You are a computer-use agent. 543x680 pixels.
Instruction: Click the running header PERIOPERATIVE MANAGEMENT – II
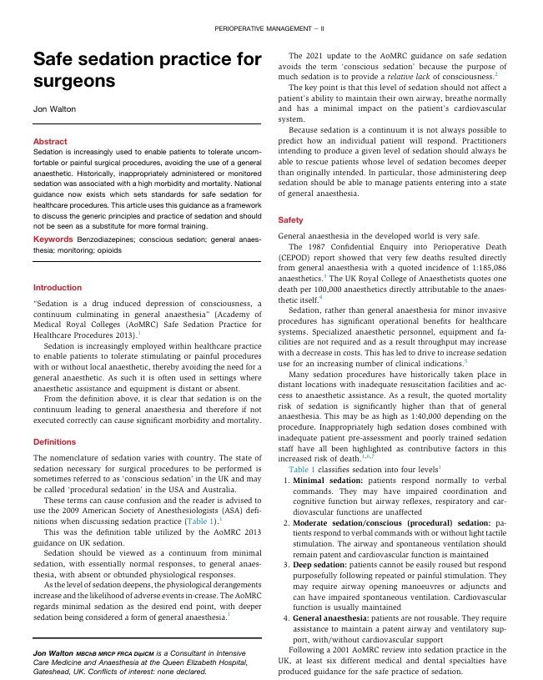[271, 28]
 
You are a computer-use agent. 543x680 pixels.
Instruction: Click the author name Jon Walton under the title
[54, 109]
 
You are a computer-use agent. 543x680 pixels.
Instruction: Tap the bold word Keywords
[53, 239]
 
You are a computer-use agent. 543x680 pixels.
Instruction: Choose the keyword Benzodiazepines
[110, 239]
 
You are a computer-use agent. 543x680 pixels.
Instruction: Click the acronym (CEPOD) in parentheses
[297, 257]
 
